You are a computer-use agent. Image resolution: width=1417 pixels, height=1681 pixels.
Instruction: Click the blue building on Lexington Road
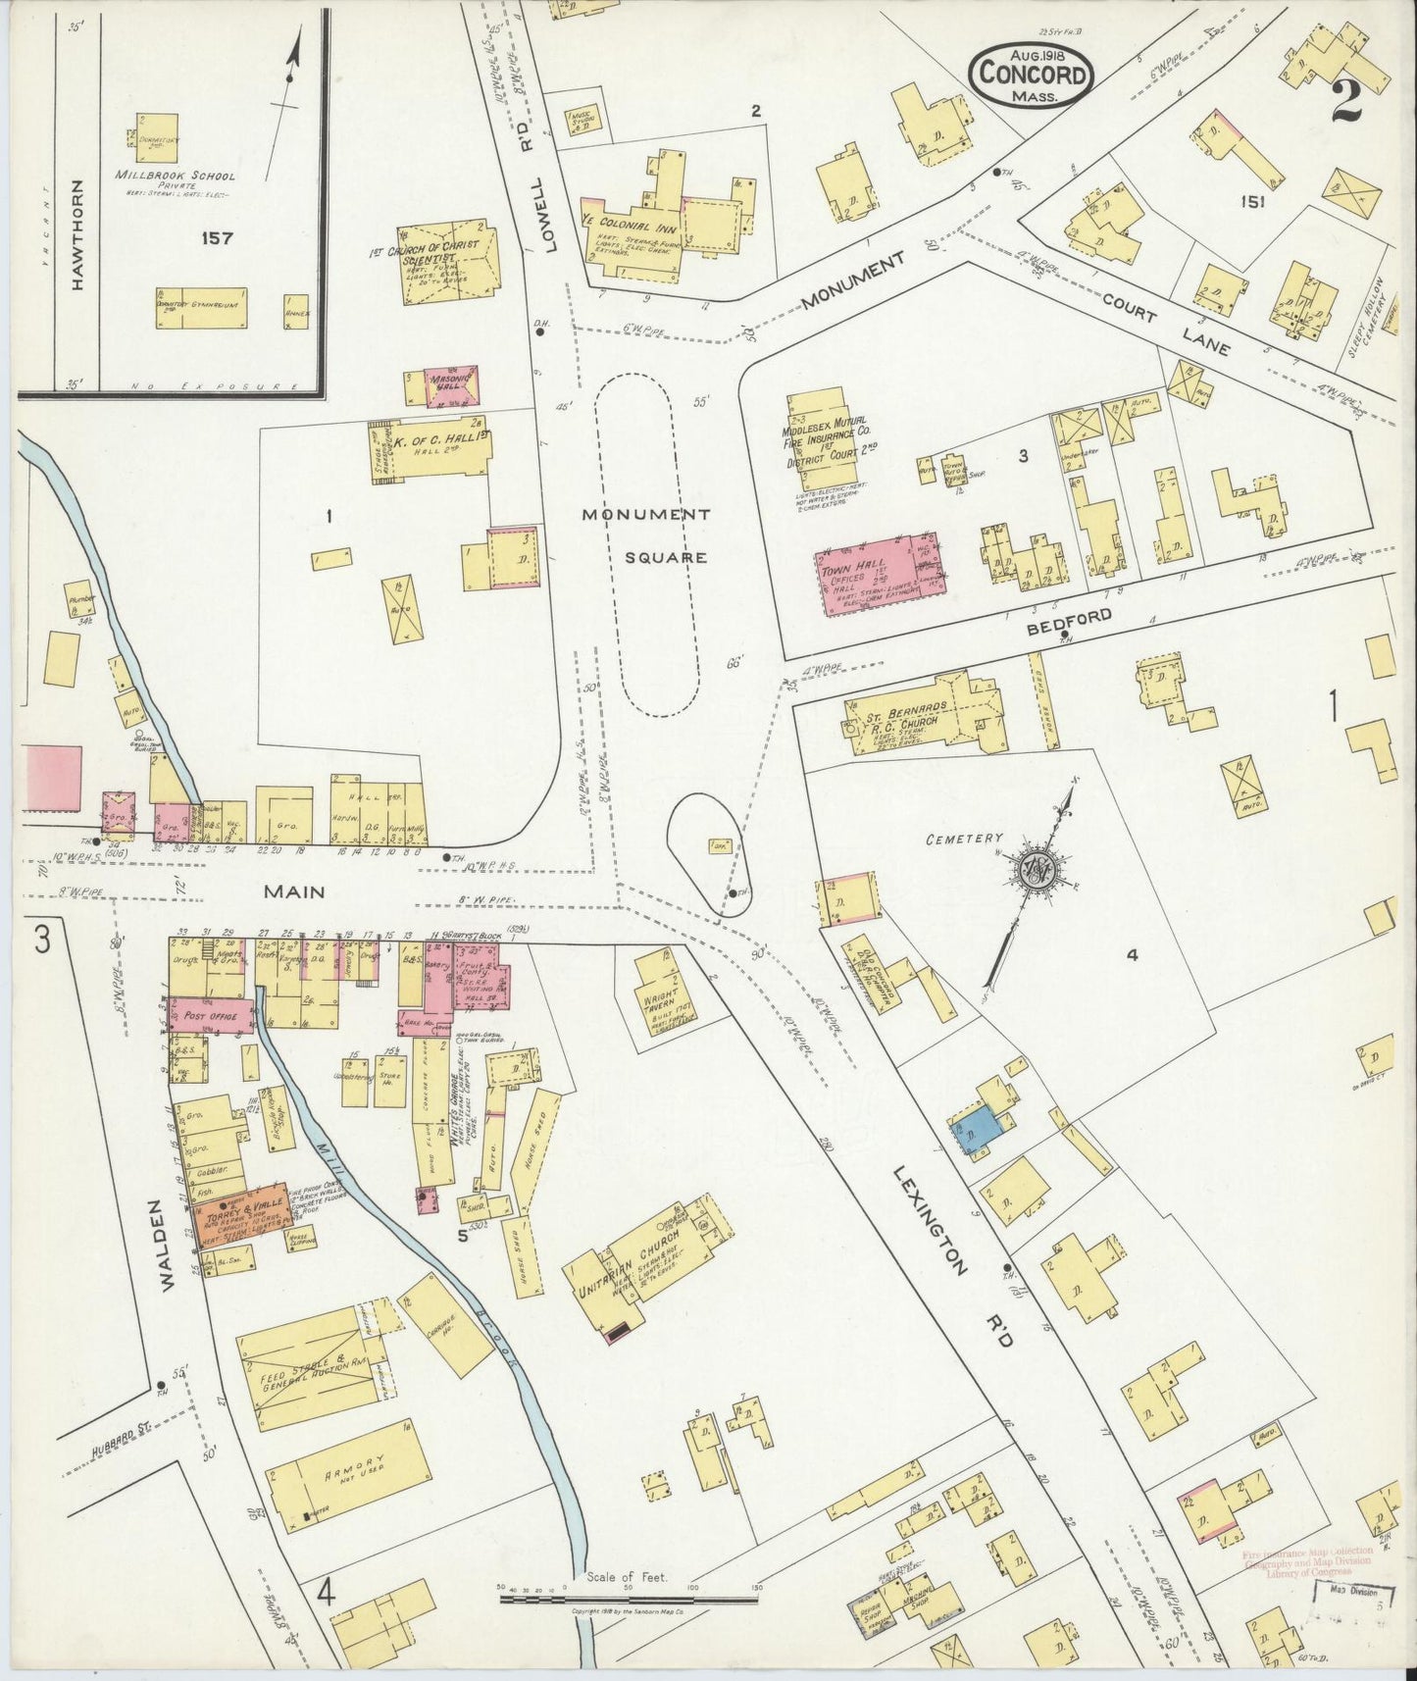point(975,1131)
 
